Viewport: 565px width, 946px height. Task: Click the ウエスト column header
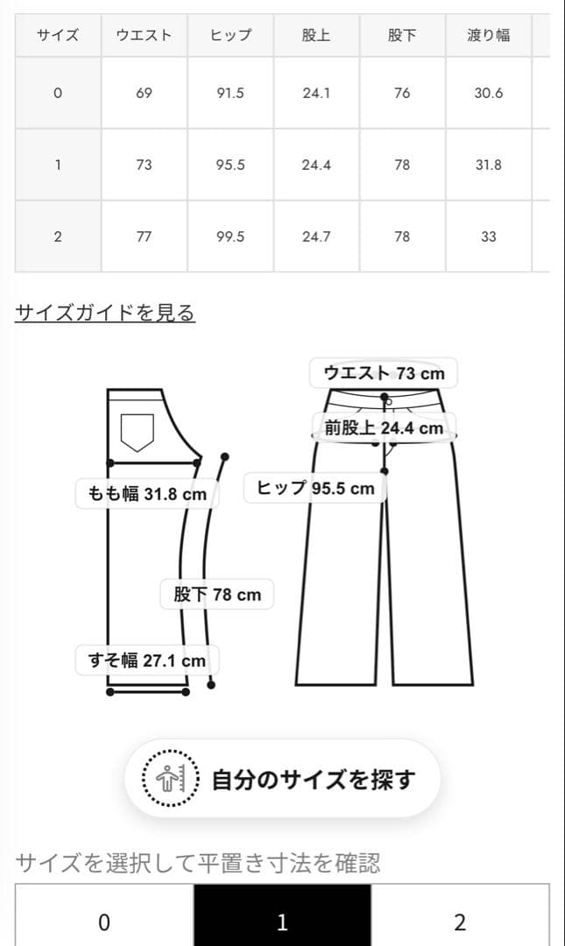click(x=144, y=36)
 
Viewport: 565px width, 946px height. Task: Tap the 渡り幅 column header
click(x=488, y=36)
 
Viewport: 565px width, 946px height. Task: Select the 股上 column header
click(x=315, y=36)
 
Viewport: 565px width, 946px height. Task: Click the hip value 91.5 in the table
click(x=230, y=92)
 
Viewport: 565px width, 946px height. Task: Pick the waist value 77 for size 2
click(x=144, y=236)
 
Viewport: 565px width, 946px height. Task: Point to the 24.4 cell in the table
click(x=315, y=165)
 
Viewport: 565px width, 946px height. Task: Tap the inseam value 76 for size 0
click(x=401, y=92)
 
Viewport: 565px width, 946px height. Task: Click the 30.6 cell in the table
click(x=488, y=92)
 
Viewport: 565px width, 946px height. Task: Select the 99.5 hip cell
click(x=230, y=236)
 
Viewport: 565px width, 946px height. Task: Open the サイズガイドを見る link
click(x=105, y=313)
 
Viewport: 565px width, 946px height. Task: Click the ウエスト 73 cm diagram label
click(x=384, y=373)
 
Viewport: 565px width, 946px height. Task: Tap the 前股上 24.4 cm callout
click(x=384, y=428)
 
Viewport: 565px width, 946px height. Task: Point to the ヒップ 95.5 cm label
click(x=314, y=488)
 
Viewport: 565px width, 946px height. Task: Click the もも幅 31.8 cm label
click(x=147, y=494)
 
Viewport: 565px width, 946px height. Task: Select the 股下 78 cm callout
click(x=217, y=595)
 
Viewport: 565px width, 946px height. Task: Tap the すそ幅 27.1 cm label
click(x=147, y=660)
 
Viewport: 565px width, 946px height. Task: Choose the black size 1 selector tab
click(x=282, y=921)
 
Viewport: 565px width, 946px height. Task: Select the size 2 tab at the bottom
click(x=460, y=921)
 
